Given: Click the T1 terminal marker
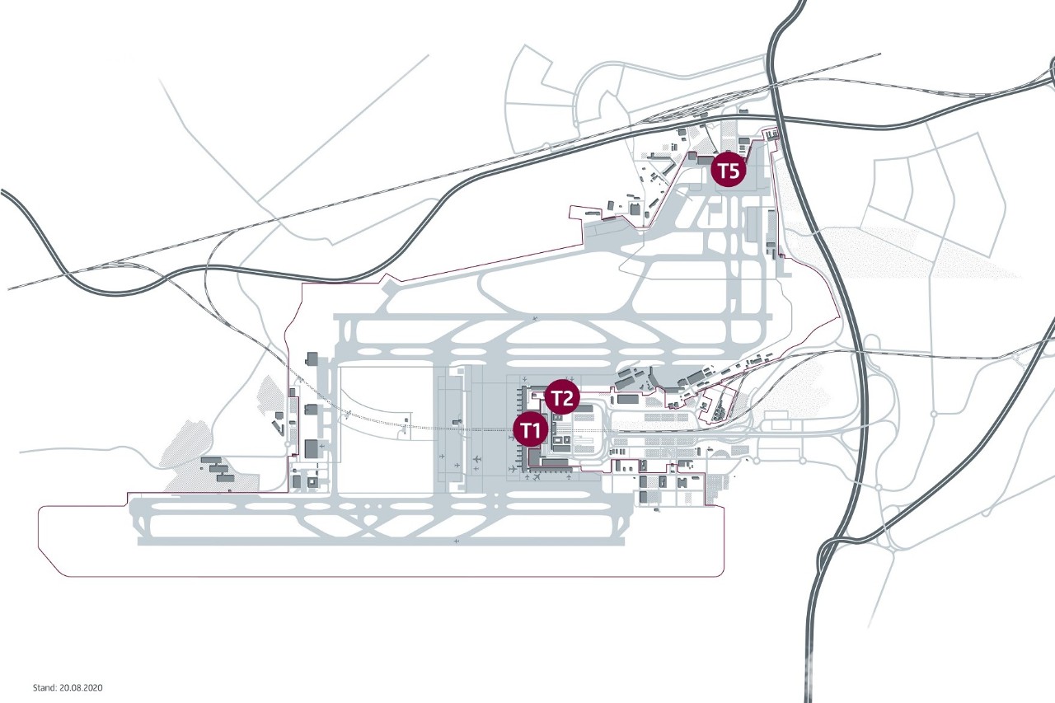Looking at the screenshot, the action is coord(531,429).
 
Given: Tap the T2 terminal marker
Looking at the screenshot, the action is coord(562,398).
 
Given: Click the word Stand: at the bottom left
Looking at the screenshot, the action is coord(45,687).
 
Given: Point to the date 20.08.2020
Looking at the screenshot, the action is coord(81,687).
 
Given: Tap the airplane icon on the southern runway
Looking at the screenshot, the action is coord(456,542).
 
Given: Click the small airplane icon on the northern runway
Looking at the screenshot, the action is coord(535,319).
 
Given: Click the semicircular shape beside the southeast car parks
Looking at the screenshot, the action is coord(721,453).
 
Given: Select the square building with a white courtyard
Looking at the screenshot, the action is coord(312,482).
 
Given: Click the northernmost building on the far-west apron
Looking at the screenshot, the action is coord(312,359).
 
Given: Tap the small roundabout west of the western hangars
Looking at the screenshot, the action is coord(288,444).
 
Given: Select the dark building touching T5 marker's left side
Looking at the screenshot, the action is coord(705,161).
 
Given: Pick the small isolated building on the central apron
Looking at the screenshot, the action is coord(455,422).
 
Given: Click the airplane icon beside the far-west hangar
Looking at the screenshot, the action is coord(321,445).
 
